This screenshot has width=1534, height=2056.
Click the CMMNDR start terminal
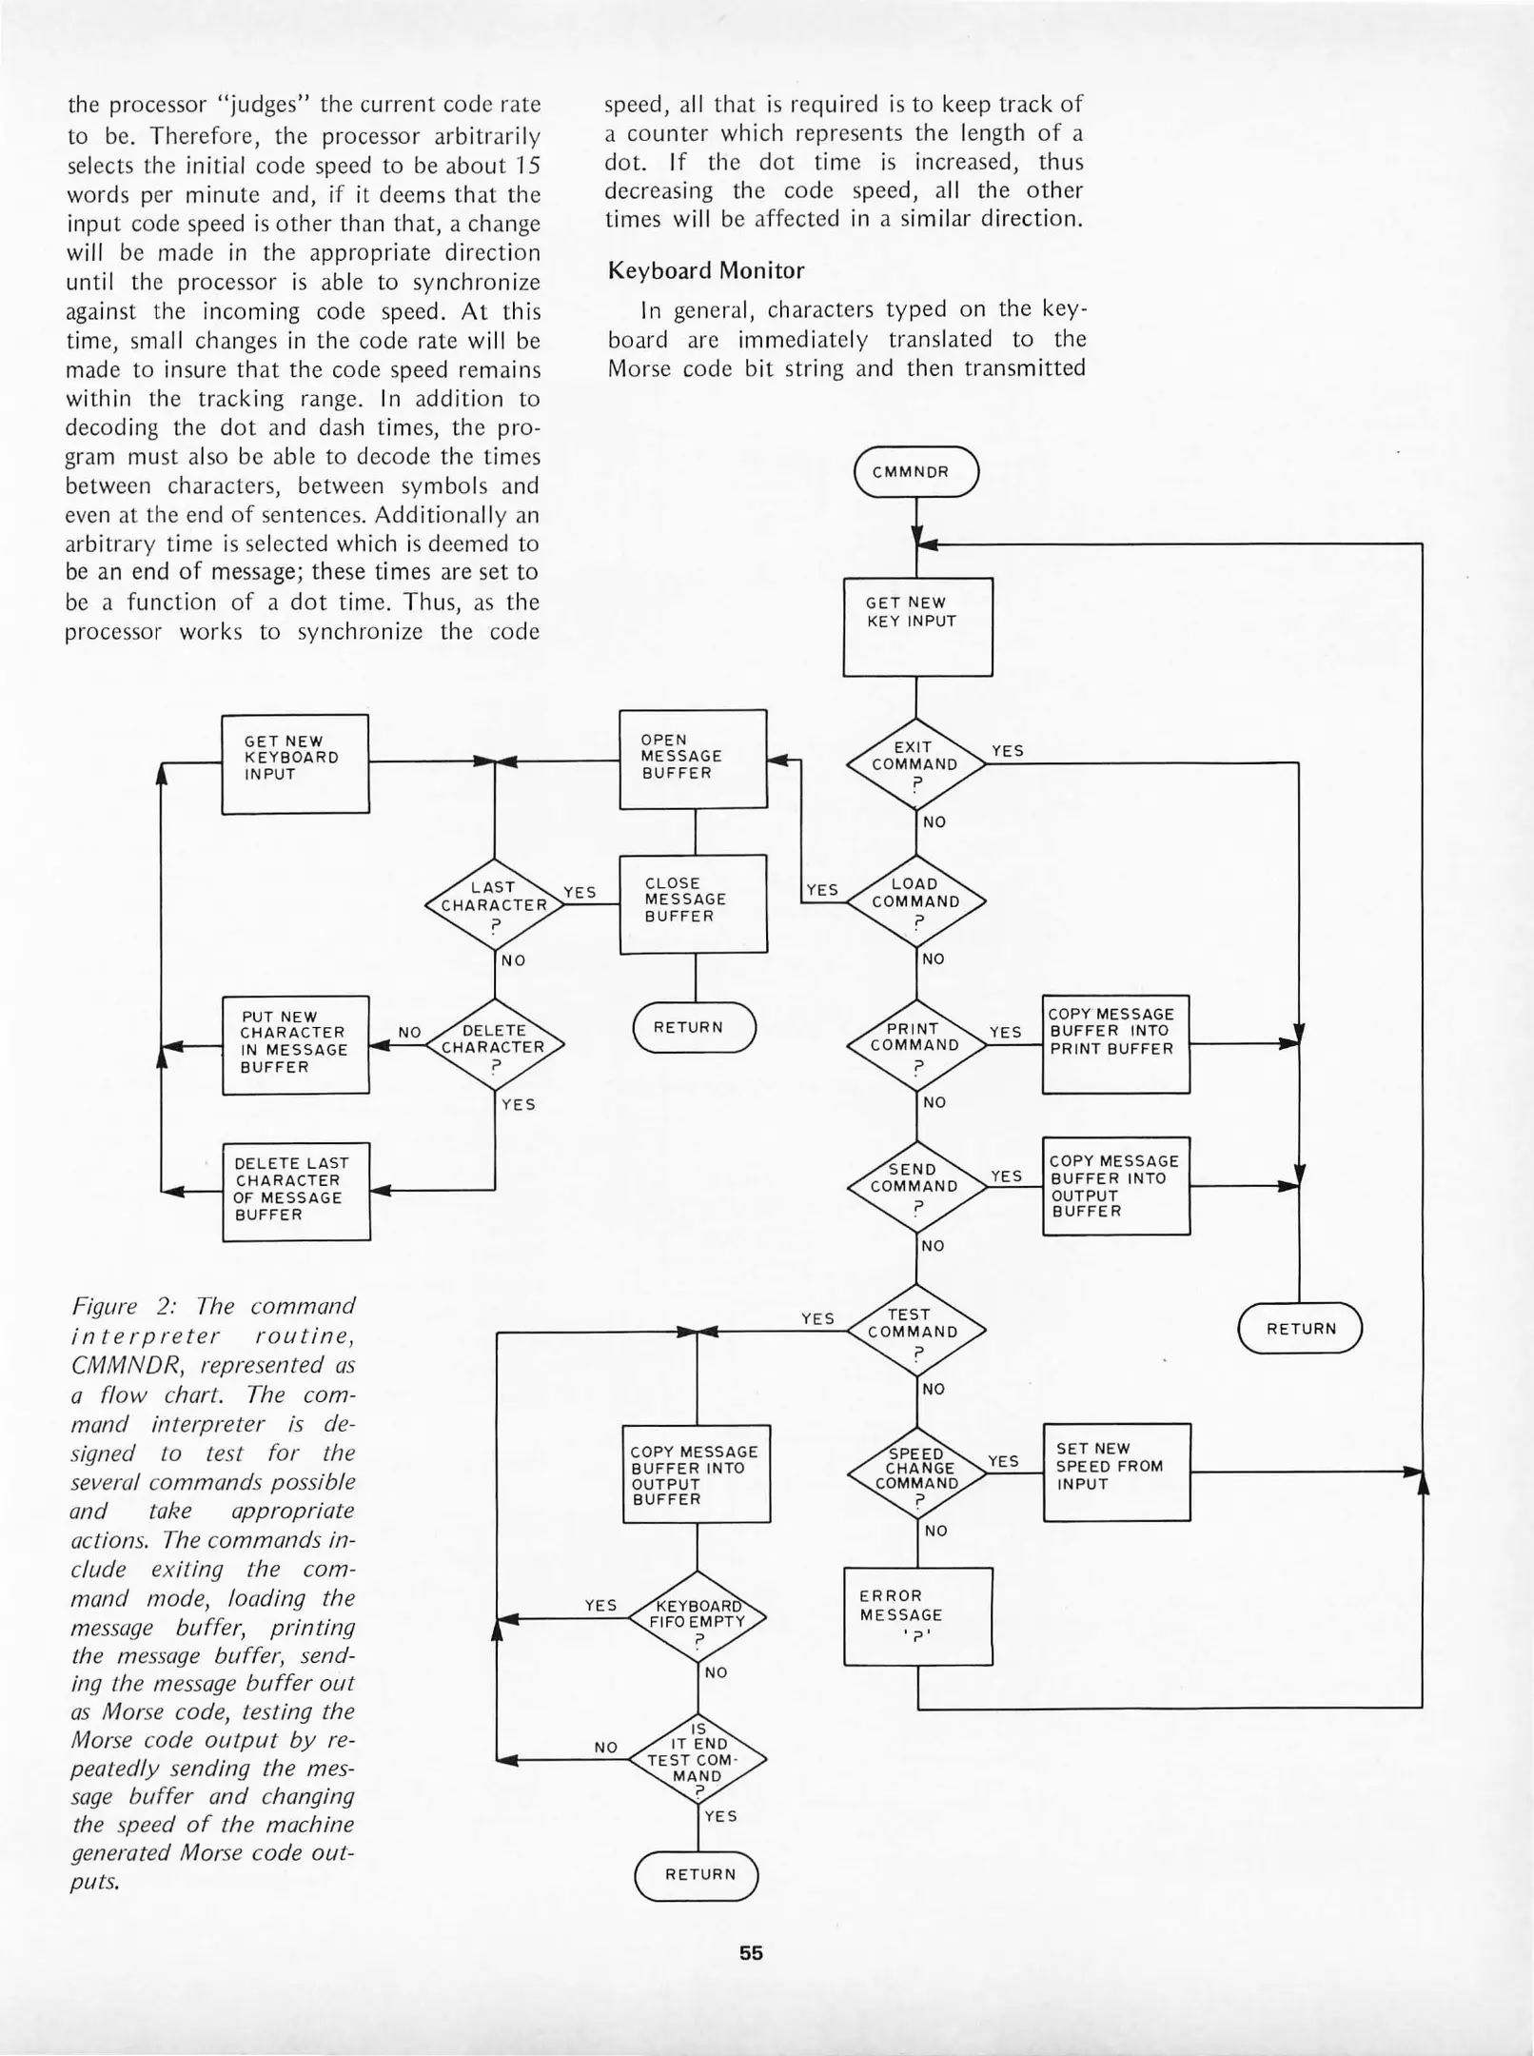915,472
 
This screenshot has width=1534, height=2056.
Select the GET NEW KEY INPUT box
917,626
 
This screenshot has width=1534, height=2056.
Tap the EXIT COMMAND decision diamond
915,764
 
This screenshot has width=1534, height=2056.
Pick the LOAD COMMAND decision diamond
915,900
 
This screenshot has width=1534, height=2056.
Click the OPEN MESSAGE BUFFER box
693,759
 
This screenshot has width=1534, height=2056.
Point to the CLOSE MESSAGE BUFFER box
693,903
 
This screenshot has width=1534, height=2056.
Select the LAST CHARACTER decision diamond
494,903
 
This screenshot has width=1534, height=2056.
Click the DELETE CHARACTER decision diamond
494,1045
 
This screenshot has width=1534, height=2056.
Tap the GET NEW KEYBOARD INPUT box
295,763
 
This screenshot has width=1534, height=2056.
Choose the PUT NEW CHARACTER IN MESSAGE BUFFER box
295,1045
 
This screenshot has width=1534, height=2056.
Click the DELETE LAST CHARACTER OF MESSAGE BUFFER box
296,1191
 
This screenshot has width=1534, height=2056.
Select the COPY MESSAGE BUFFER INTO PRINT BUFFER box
1115,1043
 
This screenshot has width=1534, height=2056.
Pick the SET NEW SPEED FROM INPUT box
1116,1472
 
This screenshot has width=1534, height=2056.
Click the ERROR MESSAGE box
917,1616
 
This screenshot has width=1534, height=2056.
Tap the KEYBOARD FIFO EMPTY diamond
697,1617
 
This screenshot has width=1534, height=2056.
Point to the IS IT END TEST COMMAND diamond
697,1761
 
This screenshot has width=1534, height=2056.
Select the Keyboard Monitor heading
705,271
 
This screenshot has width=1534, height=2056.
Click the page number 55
751,1953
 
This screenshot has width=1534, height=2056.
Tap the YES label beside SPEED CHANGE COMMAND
1003,1461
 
